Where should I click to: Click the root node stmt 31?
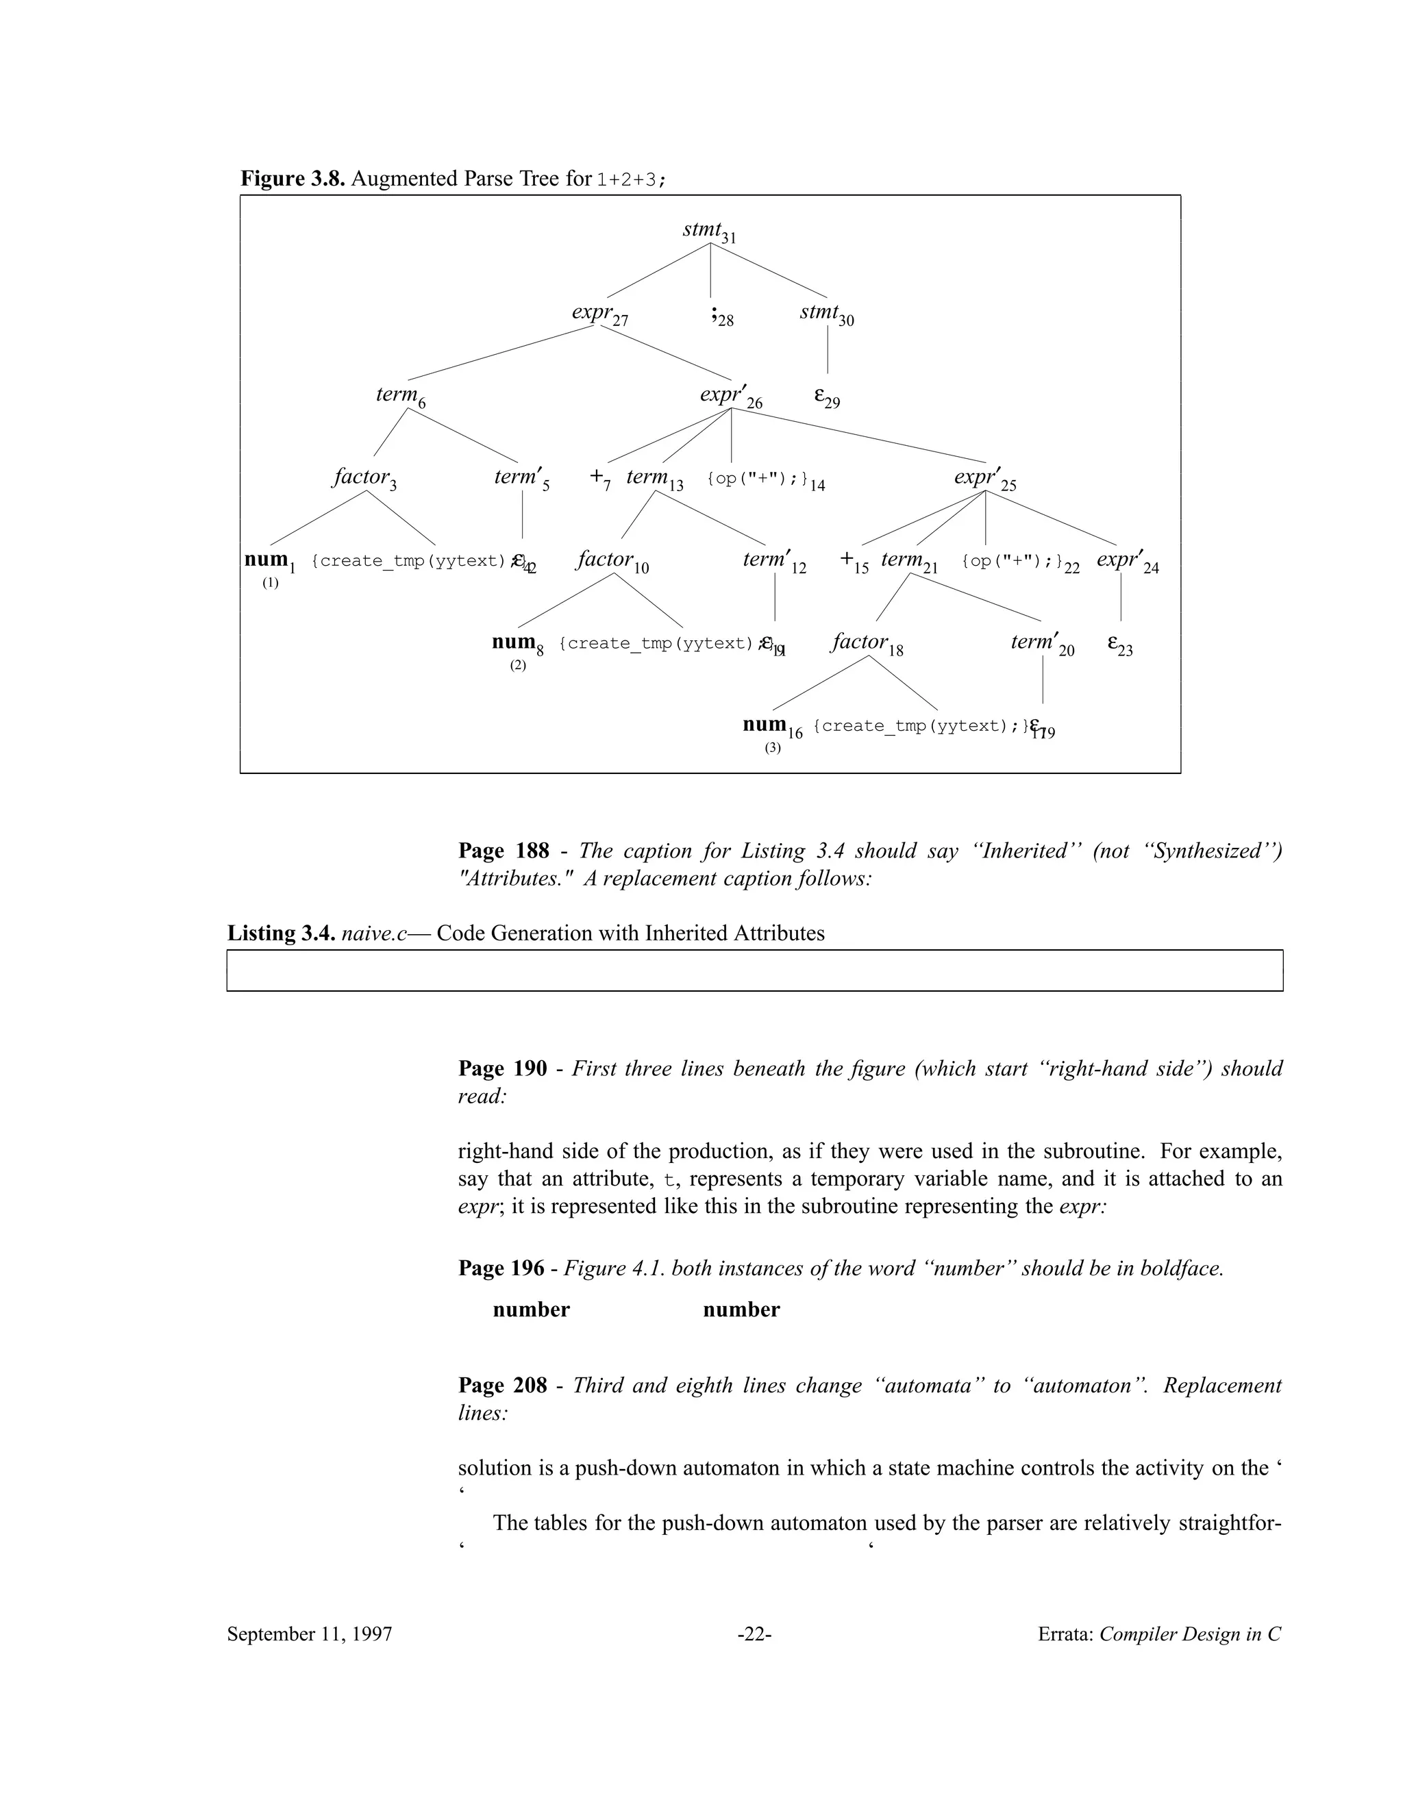(x=708, y=231)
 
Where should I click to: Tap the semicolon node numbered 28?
(x=721, y=316)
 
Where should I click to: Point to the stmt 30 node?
(x=826, y=314)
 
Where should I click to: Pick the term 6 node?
(x=401, y=396)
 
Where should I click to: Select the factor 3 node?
(x=364, y=478)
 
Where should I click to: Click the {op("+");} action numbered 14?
(x=765, y=479)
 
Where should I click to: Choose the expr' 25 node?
(x=984, y=479)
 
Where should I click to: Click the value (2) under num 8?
(x=518, y=666)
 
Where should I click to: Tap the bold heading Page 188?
(x=504, y=850)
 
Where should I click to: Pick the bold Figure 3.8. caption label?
(x=293, y=179)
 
